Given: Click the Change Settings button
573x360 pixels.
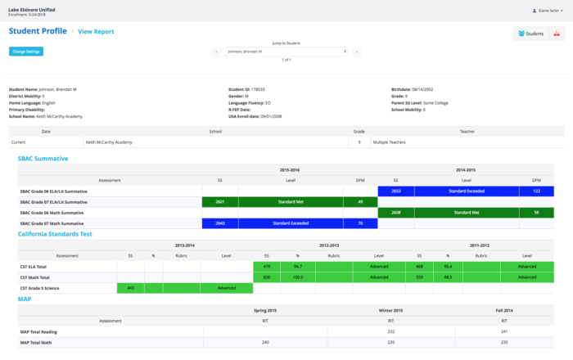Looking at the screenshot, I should coord(27,52).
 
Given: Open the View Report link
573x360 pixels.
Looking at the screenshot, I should coord(96,31).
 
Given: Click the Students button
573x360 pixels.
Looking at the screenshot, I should coord(531,34).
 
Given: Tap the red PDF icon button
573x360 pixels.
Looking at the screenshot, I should coord(557,34).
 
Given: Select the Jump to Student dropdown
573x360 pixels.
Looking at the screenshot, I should coord(286,52).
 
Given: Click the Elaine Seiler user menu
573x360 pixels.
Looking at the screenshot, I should coord(546,10).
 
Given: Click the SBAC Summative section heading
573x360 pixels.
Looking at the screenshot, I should coord(43,158).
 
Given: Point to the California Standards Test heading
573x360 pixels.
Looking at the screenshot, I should coord(55,234).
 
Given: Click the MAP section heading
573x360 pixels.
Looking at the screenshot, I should coord(25,299).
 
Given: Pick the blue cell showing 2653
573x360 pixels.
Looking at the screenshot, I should coord(395,191).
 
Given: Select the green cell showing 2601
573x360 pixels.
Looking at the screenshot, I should coord(219,201).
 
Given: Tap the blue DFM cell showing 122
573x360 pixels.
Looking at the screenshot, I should coord(536,191).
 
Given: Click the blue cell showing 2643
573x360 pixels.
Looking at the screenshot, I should coord(219,223).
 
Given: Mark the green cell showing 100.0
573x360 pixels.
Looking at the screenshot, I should coord(298,277).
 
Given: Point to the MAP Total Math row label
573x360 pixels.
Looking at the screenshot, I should coord(39,341).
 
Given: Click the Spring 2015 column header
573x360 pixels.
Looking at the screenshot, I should coord(265,311).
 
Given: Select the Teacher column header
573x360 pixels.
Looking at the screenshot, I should coord(467,131).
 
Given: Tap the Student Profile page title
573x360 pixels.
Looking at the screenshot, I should coord(38,31).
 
